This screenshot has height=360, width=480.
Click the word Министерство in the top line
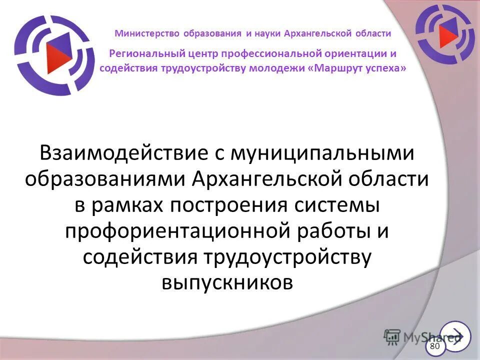142,33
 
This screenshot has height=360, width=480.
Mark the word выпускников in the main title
227,282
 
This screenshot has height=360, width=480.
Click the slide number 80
434,346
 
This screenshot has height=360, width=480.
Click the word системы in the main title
339,204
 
